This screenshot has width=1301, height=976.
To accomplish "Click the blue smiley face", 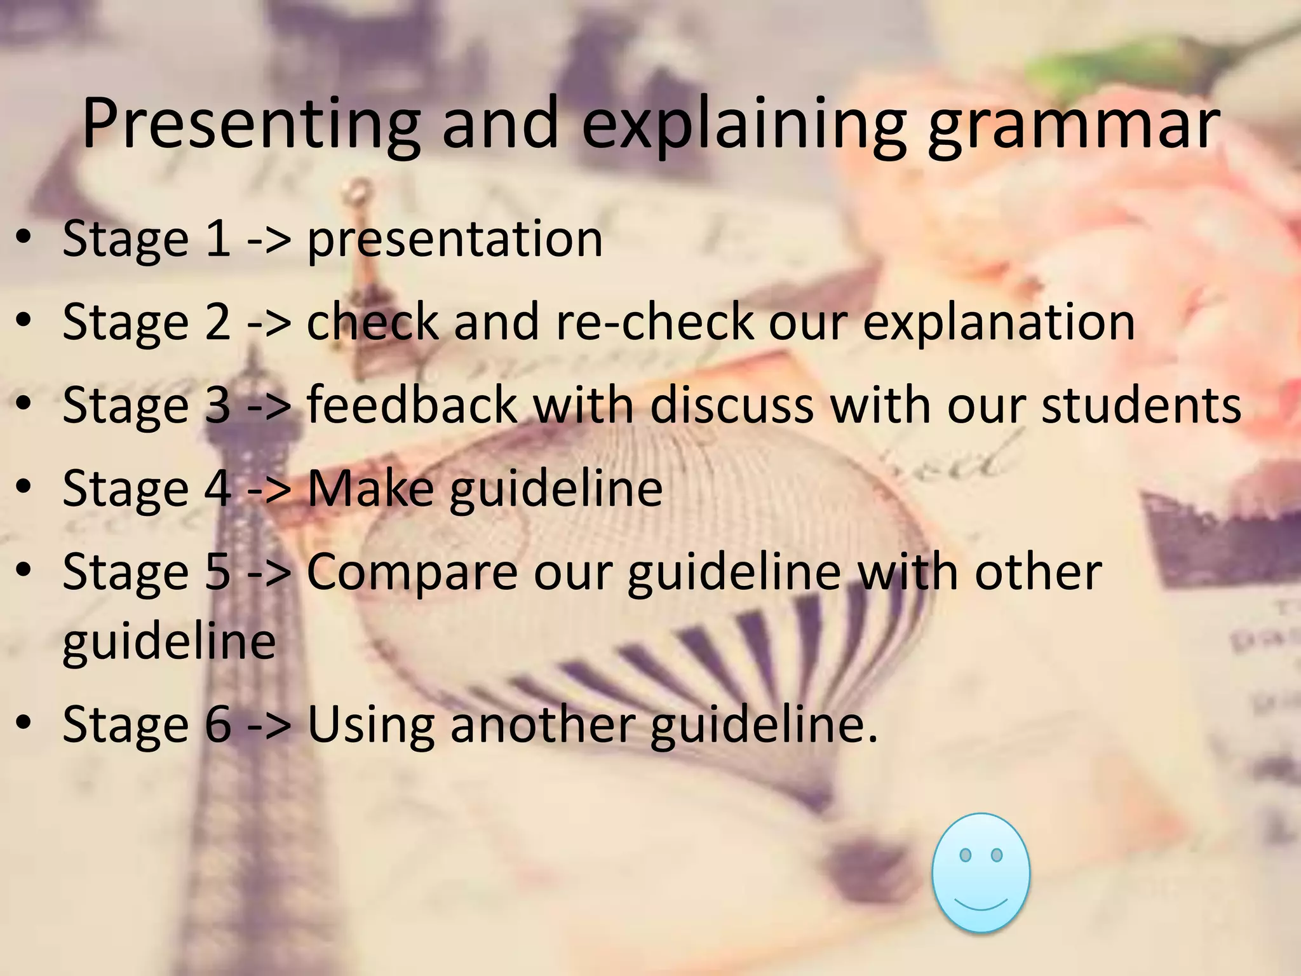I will [981, 873].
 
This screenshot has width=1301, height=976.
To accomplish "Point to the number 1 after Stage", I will [218, 238].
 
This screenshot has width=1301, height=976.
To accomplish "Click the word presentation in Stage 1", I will [454, 240].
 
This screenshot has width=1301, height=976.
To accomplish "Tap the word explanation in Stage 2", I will [999, 323].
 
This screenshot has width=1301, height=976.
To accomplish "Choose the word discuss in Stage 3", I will [732, 405].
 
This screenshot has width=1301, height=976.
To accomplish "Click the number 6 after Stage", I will [218, 724].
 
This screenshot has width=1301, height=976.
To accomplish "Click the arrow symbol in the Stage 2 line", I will [269, 323].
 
